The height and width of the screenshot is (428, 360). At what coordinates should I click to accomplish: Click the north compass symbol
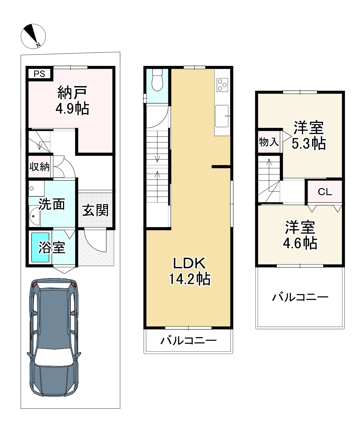tap(33, 36)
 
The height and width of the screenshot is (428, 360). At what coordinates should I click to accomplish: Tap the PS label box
tap(39, 74)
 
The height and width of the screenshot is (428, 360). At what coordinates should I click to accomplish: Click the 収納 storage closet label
tap(39, 166)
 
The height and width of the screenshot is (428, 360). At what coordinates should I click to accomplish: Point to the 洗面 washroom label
tap(52, 205)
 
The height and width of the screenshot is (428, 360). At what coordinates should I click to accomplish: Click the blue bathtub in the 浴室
tap(41, 247)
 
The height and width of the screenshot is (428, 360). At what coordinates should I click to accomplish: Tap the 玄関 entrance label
tap(95, 210)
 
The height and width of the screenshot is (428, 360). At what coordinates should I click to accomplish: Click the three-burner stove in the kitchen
tap(222, 84)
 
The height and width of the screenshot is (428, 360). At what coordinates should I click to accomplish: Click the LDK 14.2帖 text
tap(189, 271)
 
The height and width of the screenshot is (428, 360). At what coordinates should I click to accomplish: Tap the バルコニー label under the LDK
tap(188, 341)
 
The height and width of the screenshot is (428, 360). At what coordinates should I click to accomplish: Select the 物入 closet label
tap(269, 142)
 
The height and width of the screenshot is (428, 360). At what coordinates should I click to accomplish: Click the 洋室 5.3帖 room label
tap(309, 136)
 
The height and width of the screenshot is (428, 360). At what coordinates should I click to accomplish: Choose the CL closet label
tap(325, 192)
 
